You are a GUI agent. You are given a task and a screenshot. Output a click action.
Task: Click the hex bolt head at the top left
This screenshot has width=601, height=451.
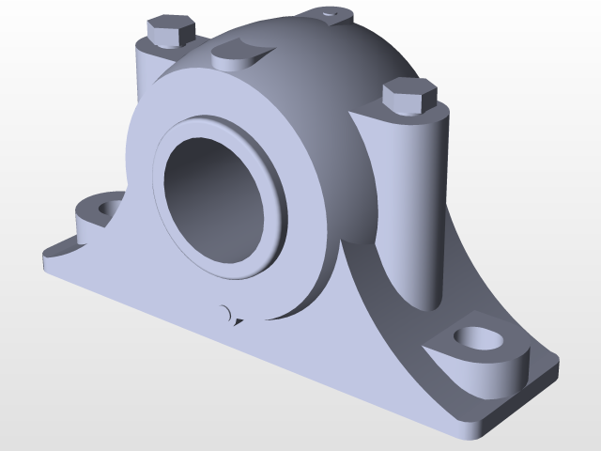tap(169, 32)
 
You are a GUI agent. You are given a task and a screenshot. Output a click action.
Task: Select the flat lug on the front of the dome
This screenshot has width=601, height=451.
tap(241, 53)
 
